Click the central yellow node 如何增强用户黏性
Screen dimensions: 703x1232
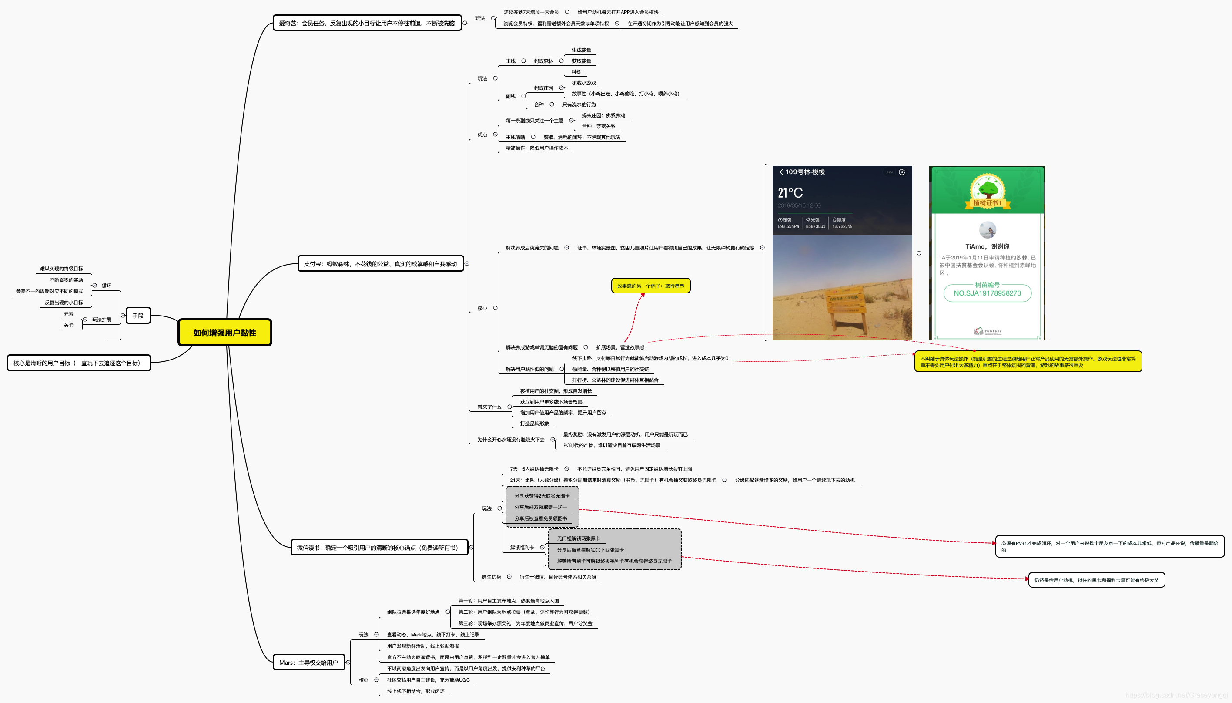point(225,333)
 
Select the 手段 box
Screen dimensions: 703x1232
point(138,316)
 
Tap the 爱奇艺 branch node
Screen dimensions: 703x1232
point(367,23)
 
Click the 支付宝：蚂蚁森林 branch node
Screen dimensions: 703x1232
point(380,264)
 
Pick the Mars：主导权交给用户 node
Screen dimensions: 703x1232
point(309,663)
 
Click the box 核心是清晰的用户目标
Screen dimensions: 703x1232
point(79,363)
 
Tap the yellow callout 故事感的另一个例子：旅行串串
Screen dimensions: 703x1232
point(650,286)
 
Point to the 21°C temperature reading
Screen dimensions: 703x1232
point(790,193)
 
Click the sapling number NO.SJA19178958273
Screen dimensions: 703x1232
point(987,293)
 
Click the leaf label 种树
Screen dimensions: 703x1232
point(577,72)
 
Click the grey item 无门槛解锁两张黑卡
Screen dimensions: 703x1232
point(579,538)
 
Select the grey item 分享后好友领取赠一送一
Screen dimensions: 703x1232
point(540,507)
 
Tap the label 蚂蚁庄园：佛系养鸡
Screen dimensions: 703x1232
point(603,115)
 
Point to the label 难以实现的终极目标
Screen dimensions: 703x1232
point(61,269)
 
